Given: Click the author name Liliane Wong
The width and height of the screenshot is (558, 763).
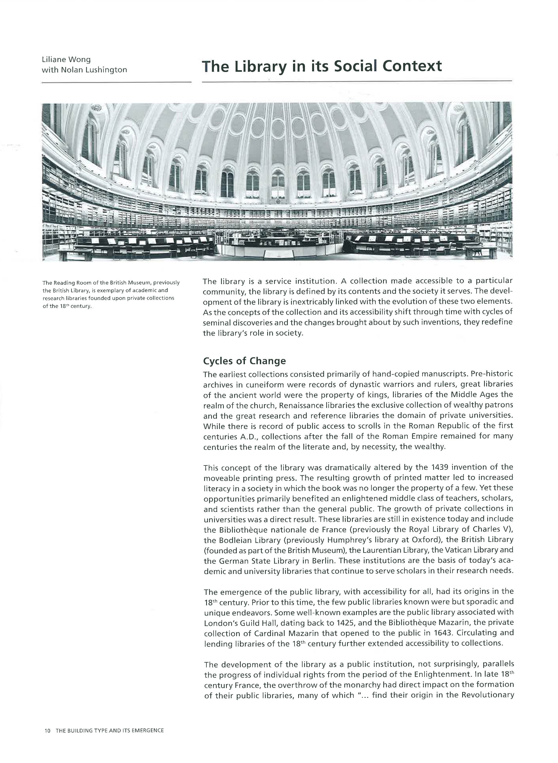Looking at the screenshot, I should point(66,59).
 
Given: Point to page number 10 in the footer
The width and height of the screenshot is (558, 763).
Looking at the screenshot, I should point(47,731).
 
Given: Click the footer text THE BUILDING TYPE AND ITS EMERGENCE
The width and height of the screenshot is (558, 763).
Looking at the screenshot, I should point(110,731).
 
